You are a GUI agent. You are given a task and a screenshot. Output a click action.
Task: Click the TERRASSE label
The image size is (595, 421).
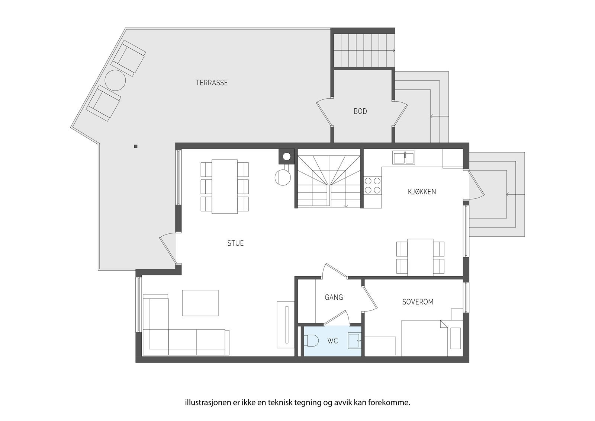coord(212,83)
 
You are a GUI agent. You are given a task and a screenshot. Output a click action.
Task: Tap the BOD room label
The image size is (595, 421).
coord(360,111)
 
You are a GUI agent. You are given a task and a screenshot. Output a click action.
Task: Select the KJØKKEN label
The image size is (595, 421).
coord(422,192)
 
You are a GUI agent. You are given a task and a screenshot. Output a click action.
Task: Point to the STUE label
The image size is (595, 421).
coord(235,243)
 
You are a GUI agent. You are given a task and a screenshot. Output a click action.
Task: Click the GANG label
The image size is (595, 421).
coord(334,297)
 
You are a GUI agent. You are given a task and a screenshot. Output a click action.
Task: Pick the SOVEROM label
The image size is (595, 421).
coord(418,302)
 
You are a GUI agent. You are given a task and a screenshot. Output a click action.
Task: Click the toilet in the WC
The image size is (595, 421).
coord(312,341)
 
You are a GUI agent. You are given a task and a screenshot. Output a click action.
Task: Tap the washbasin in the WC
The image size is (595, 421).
coord(354,341)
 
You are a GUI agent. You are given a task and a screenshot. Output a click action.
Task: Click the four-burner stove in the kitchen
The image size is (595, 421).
coord(373,185)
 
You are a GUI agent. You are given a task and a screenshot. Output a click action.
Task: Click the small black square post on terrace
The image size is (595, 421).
coord(136,146)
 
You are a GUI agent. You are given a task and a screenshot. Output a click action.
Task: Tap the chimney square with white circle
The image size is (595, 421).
coord(286,156)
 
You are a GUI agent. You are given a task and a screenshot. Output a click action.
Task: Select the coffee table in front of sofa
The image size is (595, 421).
coord(200,303)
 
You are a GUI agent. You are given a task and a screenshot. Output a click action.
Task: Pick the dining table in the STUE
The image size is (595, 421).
coord(225,186)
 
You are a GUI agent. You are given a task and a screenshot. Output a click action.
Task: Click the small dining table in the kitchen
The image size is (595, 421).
coord(420,257)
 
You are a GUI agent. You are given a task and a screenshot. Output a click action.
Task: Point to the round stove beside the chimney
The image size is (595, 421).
coord(282,177)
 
